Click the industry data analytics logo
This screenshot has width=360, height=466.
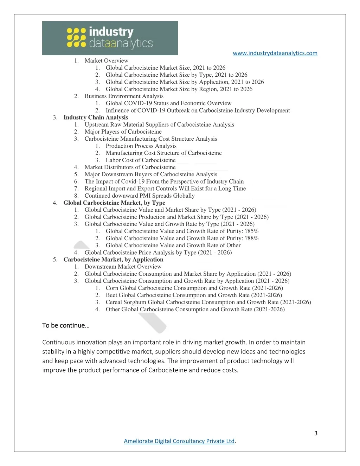click(110, 38)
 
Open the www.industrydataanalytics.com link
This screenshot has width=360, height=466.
click(275, 53)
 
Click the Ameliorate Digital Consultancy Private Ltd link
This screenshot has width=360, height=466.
click(179, 441)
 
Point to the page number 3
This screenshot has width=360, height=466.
click(316, 433)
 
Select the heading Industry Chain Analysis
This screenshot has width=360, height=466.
click(96, 117)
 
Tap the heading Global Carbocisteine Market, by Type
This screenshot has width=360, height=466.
click(114, 203)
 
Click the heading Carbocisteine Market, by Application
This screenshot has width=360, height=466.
click(113, 260)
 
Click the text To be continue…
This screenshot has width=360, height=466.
click(66, 325)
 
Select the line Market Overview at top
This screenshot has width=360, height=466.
click(106, 60)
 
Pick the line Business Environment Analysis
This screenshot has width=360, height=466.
click(124, 96)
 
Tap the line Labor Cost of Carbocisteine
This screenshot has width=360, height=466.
click(141, 160)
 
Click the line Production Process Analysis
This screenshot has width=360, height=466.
click(141, 146)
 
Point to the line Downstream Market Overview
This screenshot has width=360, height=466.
click(123, 267)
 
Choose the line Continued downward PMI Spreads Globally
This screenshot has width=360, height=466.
click(140, 196)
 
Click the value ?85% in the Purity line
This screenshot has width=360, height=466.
click(252, 231)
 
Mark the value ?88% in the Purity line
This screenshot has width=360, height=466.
click(252, 238)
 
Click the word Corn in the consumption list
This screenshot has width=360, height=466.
click(112, 288)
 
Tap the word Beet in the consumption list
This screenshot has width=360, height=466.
click(111, 295)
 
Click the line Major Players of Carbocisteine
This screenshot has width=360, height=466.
click(123, 132)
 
